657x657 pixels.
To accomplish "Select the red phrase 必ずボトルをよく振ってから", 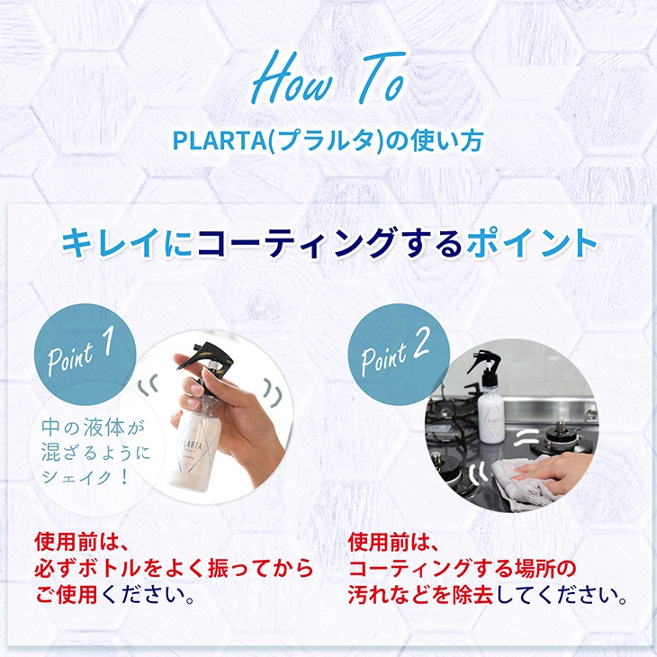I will [174, 569].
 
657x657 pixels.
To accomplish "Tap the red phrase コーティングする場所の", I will [462, 569].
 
